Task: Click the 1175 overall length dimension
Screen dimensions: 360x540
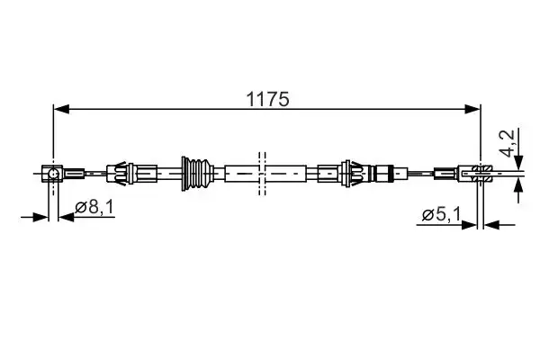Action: tap(269, 99)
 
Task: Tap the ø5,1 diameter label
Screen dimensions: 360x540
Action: tap(441, 214)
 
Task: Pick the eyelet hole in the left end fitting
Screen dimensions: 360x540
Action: tap(55, 172)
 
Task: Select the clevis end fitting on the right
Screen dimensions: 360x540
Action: tap(481, 171)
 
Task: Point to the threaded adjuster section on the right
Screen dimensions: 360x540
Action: tap(384, 171)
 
